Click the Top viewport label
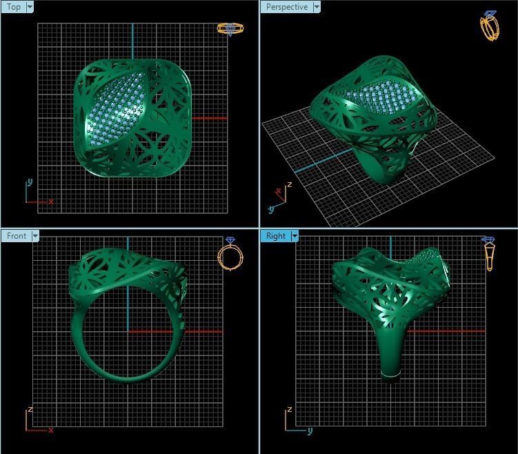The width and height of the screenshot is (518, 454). click(14, 7)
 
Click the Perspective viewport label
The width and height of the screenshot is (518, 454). click(286, 7)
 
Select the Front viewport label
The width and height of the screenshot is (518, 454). click(17, 236)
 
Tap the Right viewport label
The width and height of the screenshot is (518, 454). click(275, 236)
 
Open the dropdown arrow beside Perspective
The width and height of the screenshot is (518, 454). click(317, 7)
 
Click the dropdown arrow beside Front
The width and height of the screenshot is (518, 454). click(34, 236)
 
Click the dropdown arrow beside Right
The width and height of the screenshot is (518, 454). click(295, 236)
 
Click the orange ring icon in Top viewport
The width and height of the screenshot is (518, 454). click(230, 29)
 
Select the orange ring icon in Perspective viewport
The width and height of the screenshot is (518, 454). click(489, 26)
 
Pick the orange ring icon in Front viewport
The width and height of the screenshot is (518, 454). click(230, 254)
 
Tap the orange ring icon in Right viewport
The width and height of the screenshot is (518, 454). click(489, 254)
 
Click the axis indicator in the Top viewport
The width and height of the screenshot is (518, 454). click(36, 194)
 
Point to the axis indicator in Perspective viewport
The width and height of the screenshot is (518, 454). click(280, 197)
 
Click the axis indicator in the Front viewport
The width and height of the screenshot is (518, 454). click(36, 421)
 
